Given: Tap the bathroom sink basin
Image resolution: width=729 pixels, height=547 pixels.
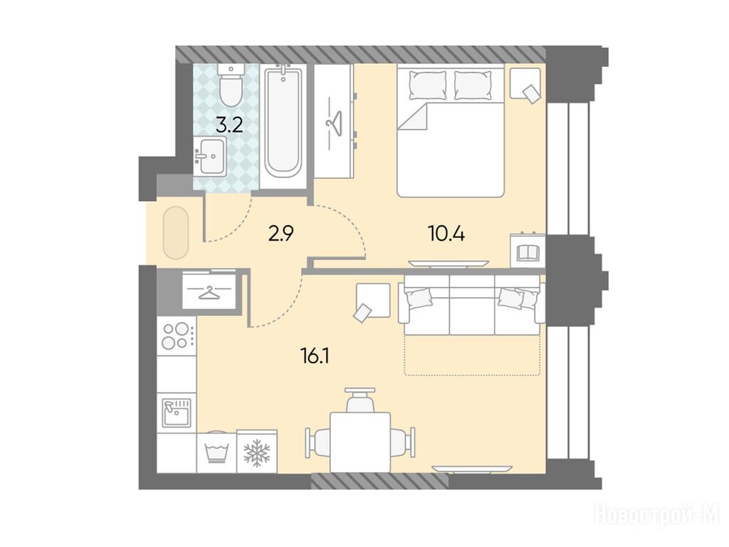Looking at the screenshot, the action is (x=210, y=156).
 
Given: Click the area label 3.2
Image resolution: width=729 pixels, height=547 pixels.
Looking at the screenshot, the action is (x=231, y=125).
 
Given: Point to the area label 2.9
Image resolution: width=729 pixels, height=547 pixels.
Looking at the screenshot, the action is (x=280, y=233).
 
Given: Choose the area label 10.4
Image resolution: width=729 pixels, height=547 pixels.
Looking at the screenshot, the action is (x=446, y=234).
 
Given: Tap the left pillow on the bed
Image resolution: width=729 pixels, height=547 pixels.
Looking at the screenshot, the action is (x=428, y=85).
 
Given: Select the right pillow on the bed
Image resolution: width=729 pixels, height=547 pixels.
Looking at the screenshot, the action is (x=473, y=85).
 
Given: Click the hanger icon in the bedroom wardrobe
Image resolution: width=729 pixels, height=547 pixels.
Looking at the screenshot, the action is (x=334, y=123).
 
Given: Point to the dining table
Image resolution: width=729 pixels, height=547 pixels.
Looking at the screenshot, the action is (x=360, y=442).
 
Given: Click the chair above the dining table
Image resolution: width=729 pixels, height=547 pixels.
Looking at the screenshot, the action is (x=360, y=400).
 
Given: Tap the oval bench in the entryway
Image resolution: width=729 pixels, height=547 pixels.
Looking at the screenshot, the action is (x=177, y=233).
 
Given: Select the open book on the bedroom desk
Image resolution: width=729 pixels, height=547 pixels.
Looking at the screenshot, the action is (x=528, y=253).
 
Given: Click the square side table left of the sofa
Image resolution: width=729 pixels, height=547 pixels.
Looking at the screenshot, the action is (x=373, y=301).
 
